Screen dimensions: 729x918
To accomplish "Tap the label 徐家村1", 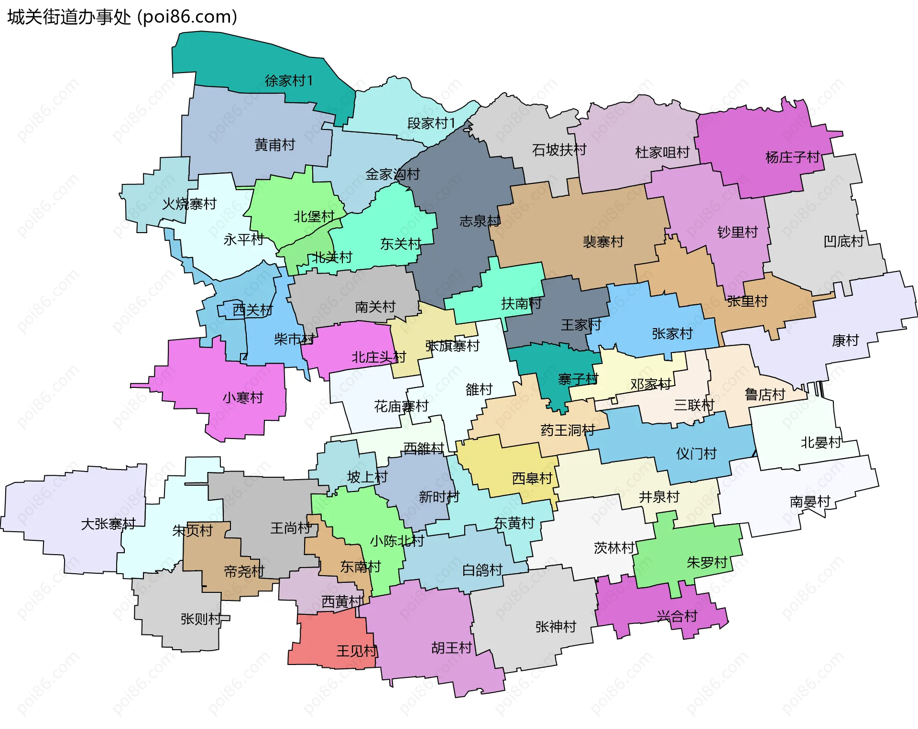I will (289, 81).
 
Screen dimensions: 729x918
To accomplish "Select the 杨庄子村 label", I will (792, 157).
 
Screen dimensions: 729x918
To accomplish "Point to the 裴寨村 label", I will (603, 242).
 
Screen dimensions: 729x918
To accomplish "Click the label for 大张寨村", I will (109, 524).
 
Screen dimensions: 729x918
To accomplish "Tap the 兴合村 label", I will (677, 616).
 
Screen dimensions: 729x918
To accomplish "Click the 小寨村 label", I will (243, 397).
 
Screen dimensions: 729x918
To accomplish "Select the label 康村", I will (845, 341).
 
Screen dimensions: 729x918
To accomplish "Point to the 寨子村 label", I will (578, 379).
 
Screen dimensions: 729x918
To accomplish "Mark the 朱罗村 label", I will (707, 563).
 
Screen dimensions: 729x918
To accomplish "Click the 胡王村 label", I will (451, 648).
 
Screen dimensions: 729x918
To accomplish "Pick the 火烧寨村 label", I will (189, 204).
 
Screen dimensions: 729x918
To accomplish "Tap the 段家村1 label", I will (431, 123).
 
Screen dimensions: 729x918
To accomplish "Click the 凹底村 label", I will (844, 241).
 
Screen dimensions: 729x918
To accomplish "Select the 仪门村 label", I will (696, 453).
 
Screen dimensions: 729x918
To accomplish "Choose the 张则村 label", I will (201, 619).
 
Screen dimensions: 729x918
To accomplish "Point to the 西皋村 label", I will (532, 478).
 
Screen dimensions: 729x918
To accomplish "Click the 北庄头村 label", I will (379, 357).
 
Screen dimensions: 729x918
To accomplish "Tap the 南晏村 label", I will (810, 502).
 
